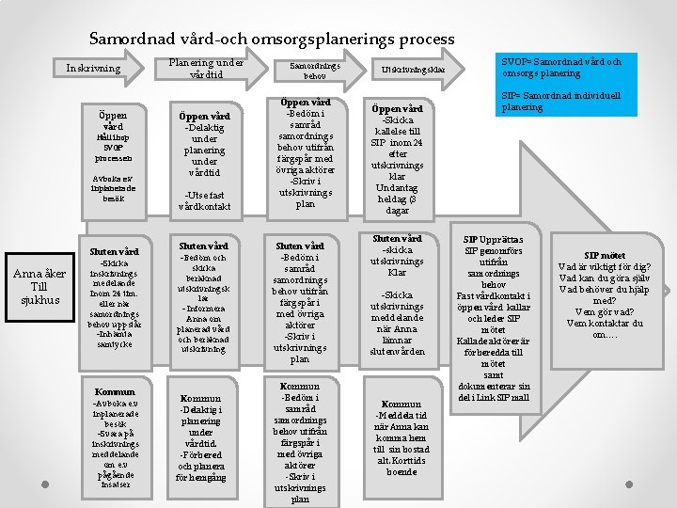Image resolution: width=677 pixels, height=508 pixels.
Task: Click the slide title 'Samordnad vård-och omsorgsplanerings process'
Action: (x=272, y=40)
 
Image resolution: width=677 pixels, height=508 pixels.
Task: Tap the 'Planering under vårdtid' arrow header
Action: (x=206, y=69)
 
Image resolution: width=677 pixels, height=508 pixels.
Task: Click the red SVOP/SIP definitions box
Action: (x=562, y=85)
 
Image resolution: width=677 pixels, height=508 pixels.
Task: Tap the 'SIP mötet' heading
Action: (x=605, y=255)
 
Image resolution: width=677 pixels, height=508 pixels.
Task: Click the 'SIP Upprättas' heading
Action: (x=494, y=240)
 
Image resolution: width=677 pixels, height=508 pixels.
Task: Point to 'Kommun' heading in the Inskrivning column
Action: (x=115, y=390)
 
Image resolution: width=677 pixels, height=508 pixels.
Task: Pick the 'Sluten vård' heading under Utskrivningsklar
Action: (x=397, y=238)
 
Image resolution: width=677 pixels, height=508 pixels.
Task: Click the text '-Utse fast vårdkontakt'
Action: (x=205, y=200)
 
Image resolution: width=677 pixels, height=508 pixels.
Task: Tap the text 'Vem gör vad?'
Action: (x=605, y=311)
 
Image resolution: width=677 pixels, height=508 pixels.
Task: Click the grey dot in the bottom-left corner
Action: (x=46, y=486)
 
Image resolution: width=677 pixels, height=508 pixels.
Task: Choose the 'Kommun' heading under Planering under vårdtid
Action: (x=200, y=398)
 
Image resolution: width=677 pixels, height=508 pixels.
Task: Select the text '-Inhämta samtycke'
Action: (x=114, y=340)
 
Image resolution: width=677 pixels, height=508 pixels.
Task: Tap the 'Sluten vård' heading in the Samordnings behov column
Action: (x=300, y=246)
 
